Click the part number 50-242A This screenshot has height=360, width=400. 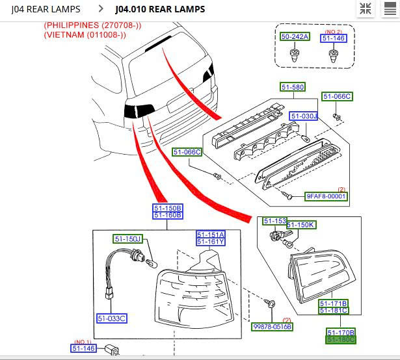[x=295, y=37]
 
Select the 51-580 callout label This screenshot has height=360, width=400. [x=293, y=87]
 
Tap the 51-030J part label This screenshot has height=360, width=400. [x=304, y=116]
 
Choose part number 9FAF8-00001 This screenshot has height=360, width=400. [x=327, y=196]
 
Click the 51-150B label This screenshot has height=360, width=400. [x=168, y=208]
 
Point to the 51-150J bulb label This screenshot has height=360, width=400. [x=127, y=238]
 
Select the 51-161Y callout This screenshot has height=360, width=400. [x=211, y=242]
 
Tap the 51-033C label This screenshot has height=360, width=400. [x=111, y=318]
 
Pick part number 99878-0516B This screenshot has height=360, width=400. [x=272, y=327]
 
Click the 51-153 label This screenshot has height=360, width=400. [x=274, y=222]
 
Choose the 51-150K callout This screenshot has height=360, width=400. [x=301, y=225]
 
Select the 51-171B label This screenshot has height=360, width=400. [x=333, y=303]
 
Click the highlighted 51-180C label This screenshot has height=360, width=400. [x=341, y=339]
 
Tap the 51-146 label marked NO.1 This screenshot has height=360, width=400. [x=83, y=349]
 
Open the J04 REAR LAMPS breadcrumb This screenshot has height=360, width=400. [x=46, y=9]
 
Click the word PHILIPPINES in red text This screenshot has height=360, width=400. [x=67, y=25]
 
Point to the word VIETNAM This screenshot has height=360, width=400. [x=64, y=34]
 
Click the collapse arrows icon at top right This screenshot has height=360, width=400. [x=366, y=8]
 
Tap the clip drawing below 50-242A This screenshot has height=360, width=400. [x=295, y=55]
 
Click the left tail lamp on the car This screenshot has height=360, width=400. [x=139, y=110]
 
